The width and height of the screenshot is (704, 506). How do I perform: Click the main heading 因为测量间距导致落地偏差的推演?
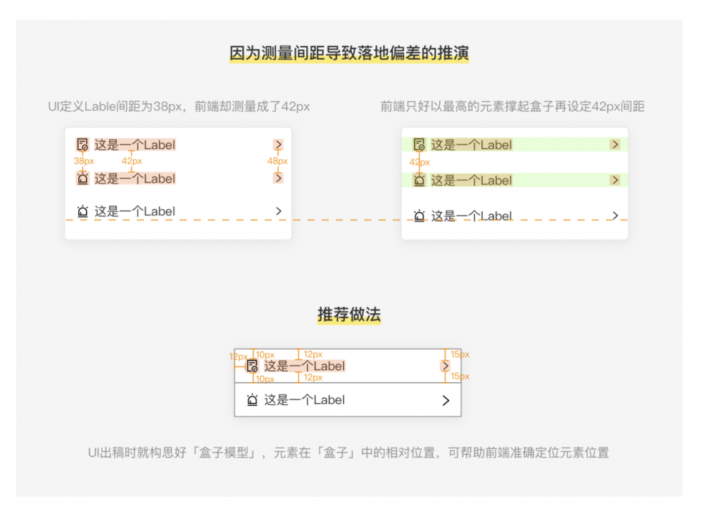pos(349,53)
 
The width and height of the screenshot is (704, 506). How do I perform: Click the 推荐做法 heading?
pos(349,315)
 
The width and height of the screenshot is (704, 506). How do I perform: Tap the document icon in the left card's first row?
pos(82,145)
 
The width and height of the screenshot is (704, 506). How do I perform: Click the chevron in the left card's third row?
pos(279,211)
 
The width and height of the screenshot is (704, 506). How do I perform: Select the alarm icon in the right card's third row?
pos(420,216)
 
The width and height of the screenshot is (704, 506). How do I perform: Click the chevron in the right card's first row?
pos(615,144)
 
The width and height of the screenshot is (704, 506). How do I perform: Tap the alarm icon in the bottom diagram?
pos(252,400)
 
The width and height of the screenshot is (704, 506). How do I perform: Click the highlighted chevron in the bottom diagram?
pos(445,366)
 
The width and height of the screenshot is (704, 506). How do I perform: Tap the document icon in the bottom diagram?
pos(252,366)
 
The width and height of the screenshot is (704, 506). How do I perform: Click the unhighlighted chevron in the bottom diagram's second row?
pos(446,400)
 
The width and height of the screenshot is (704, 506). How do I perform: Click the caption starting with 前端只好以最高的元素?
pos(513,106)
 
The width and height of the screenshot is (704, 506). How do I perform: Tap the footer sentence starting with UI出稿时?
pos(348,453)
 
